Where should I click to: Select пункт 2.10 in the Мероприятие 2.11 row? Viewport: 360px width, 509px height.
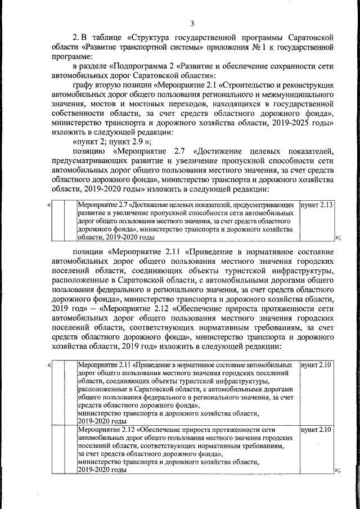[317, 366]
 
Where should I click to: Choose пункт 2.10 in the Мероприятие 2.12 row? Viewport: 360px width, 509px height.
[317, 430]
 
